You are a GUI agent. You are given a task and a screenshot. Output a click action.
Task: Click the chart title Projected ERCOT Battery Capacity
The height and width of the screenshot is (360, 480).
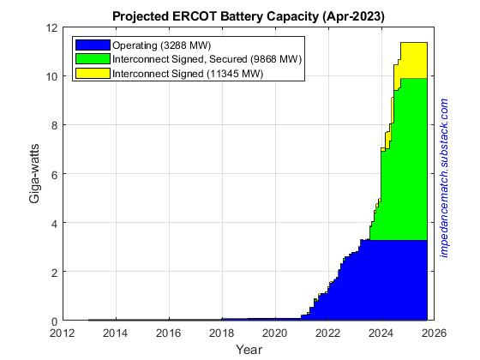coord(249,16)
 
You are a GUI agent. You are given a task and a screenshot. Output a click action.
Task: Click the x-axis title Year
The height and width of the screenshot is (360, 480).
coord(249,350)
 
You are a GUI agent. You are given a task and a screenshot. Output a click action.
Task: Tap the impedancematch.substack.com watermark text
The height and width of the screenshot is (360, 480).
coord(443,175)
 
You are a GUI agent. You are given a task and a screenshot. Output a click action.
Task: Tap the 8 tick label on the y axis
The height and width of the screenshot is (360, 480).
coord(52,125)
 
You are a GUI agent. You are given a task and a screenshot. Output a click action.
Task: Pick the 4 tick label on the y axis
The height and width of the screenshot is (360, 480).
coord(52,223)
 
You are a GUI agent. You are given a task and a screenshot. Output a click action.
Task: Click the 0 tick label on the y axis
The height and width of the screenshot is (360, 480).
coord(52,321)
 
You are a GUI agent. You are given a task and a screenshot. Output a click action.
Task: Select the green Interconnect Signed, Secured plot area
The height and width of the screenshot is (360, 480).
coord(403,171)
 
